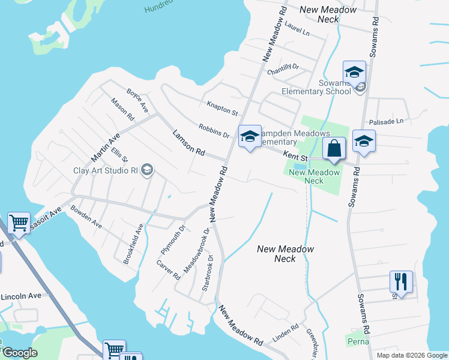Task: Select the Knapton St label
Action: coord(222,109)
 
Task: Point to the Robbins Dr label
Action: coord(214,130)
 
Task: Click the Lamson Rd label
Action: coord(188,143)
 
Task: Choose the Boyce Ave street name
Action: coord(137,100)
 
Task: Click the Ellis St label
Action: coord(119,154)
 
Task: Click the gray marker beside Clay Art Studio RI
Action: coord(146,171)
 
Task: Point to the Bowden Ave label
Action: coord(86,216)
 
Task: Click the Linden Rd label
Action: coord(286,331)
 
